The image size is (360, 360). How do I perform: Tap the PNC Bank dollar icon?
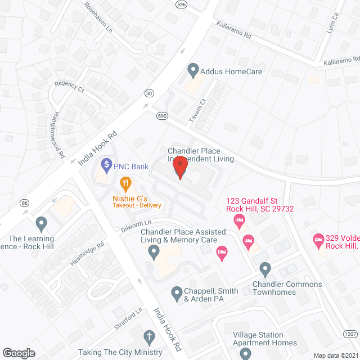point(105,166)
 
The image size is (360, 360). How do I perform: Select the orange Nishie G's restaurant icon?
point(125,183)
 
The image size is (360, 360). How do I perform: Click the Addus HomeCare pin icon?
point(193,71)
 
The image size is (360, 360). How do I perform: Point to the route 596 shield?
point(181,4)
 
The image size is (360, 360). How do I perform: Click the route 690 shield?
point(163,115)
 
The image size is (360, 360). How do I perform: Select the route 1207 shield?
point(350,334)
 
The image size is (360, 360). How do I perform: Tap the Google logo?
point(19,353)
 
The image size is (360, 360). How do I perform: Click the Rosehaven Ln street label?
point(98,20)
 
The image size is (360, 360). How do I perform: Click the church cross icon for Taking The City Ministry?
point(149,337)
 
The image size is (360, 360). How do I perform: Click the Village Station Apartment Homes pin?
point(245,354)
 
